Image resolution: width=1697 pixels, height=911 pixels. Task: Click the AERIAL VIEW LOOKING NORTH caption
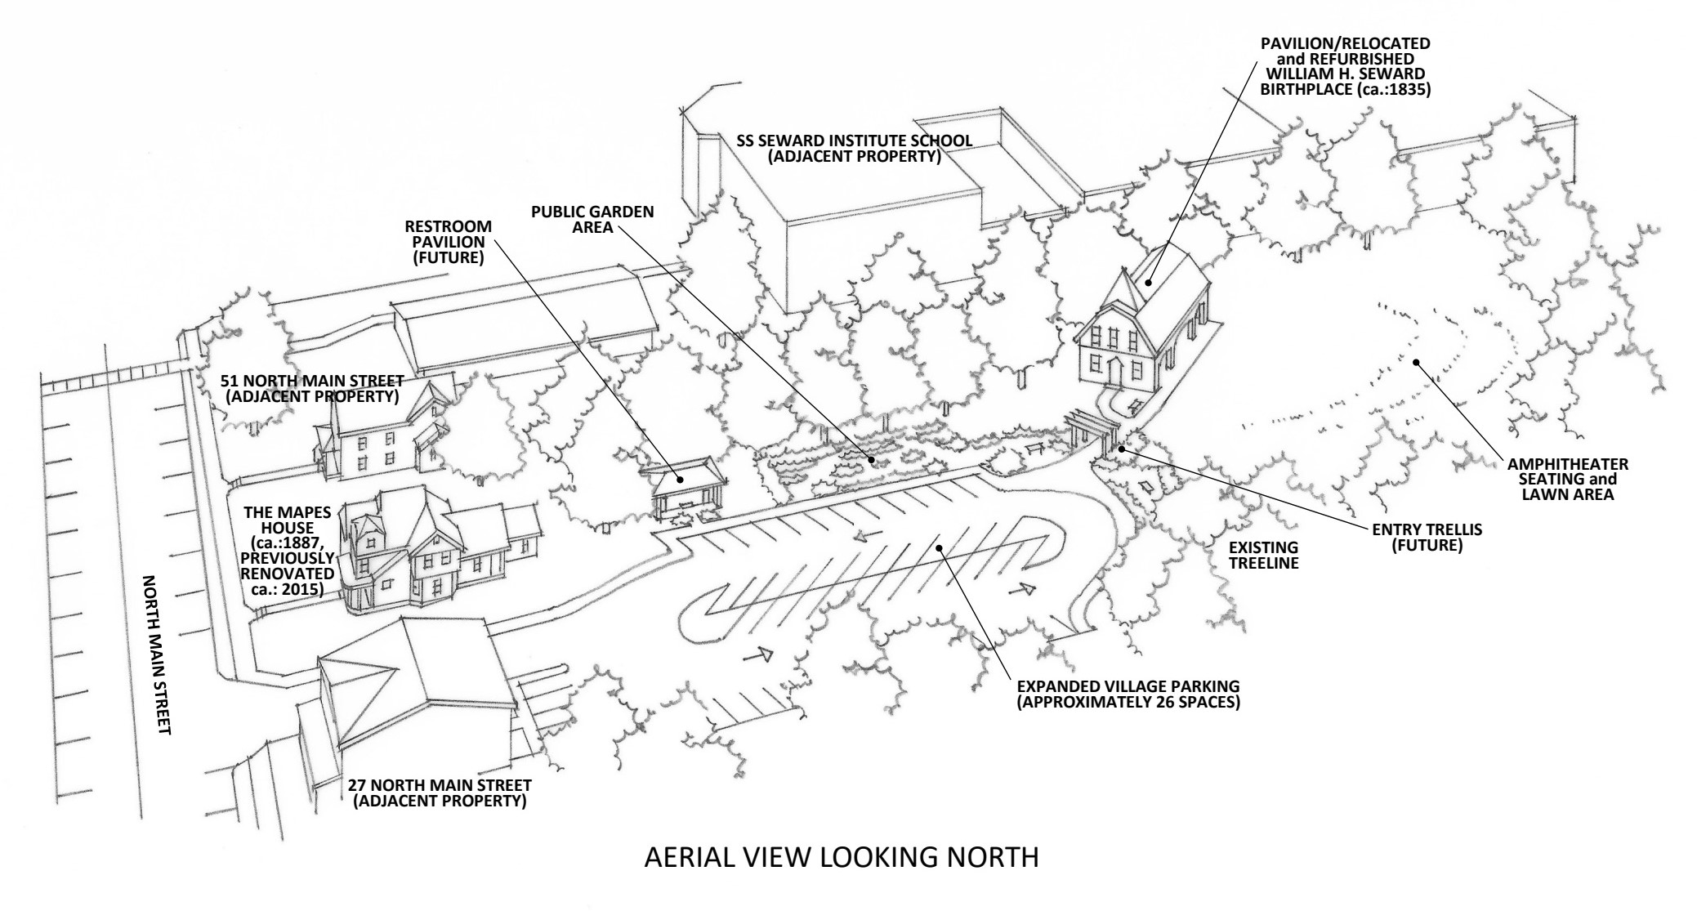click(842, 858)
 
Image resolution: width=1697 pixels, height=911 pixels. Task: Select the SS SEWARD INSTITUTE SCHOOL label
click(854, 148)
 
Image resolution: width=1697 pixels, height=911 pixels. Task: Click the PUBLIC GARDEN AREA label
click(592, 219)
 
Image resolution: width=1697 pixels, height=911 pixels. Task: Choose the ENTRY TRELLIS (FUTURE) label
click(1427, 537)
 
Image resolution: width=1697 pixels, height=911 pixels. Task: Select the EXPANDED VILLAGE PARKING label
click(1128, 694)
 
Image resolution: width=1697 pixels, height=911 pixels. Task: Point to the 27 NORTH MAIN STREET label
click(440, 793)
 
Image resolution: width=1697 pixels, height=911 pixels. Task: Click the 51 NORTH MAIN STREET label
click(311, 389)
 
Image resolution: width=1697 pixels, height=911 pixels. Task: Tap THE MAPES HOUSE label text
click(288, 551)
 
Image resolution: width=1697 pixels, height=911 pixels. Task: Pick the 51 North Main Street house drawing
click(384, 433)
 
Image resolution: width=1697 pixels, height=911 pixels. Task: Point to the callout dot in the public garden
click(872, 460)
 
